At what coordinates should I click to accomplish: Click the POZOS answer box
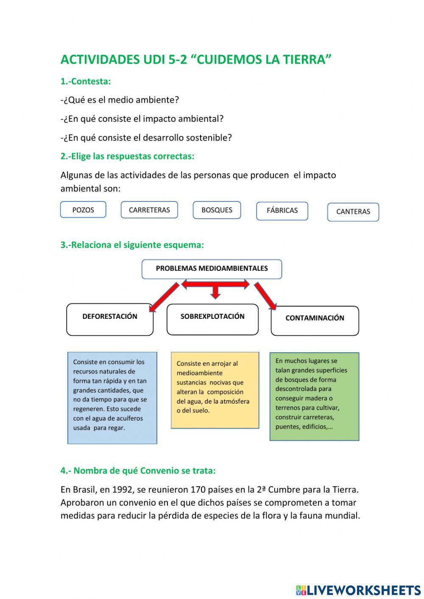click(x=83, y=210)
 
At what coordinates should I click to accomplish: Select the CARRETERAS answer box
click(x=149, y=210)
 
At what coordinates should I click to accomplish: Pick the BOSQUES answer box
click(x=217, y=210)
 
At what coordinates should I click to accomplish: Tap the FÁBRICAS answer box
click(x=282, y=211)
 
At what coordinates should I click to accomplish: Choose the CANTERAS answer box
click(x=353, y=212)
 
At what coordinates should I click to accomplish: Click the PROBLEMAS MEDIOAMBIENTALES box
click(x=212, y=269)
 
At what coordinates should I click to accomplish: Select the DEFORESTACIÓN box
click(x=110, y=319)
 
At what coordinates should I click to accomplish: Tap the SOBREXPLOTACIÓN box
click(x=212, y=319)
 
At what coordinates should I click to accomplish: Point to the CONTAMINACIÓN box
click(x=315, y=320)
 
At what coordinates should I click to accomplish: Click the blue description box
click(x=112, y=398)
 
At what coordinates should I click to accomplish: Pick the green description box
click(x=314, y=396)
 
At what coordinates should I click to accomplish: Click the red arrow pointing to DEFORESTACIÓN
click(x=165, y=297)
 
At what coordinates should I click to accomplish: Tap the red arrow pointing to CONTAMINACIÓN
click(x=265, y=296)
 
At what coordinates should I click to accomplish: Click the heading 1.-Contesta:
click(x=86, y=81)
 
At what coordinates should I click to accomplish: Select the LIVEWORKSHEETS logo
click(x=358, y=590)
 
